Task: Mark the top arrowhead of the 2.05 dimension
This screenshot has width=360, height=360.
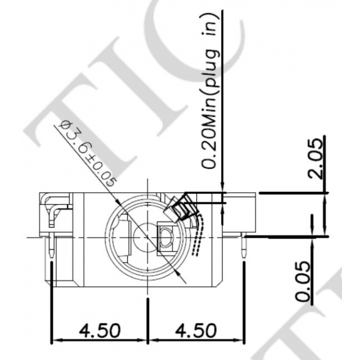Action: (326, 196)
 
